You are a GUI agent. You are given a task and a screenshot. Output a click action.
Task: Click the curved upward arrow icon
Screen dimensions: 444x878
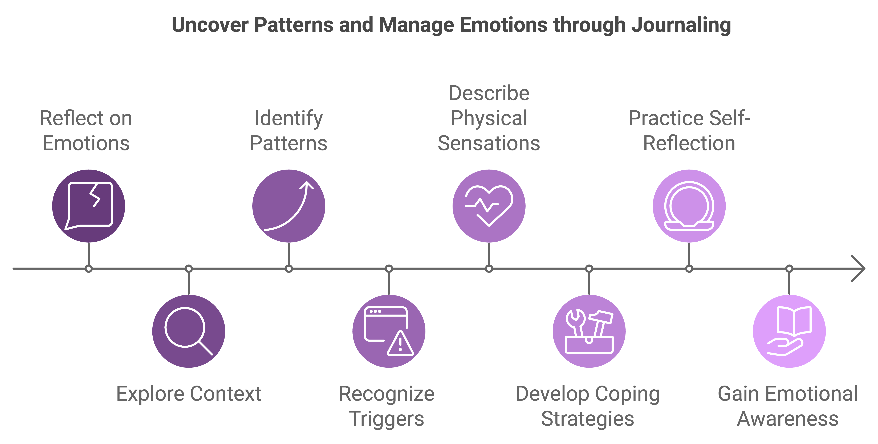(x=289, y=206)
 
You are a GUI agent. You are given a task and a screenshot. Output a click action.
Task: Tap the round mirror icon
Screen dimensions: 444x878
(x=689, y=206)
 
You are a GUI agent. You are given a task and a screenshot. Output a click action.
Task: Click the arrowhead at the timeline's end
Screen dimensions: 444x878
(x=860, y=269)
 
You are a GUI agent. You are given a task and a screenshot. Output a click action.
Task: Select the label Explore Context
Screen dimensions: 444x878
(x=189, y=394)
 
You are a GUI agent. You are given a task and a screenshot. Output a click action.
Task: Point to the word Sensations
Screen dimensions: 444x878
(x=489, y=143)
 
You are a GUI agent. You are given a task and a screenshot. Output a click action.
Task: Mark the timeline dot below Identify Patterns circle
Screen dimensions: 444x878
(x=289, y=269)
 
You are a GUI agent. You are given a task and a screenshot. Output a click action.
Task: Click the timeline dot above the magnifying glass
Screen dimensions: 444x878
(x=189, y=269)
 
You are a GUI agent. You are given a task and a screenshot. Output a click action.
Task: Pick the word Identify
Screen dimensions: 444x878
(x=289, y=118)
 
